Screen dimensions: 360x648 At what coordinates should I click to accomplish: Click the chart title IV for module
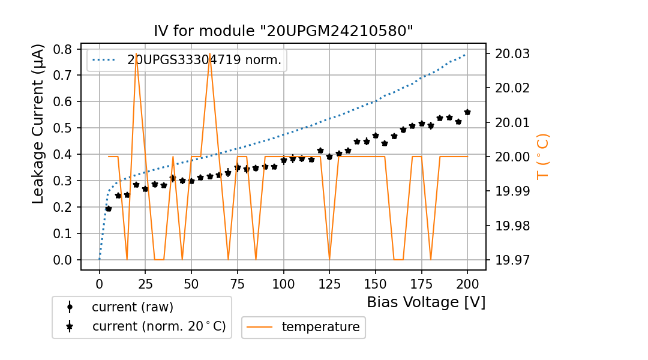click(x=284, y=31)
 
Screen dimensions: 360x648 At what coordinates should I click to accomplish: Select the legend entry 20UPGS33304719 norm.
click(x=204, y=60)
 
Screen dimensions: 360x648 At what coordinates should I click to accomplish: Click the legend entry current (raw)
click(x=132, y=307)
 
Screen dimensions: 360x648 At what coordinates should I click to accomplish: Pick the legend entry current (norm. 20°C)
click(x=158, y=326)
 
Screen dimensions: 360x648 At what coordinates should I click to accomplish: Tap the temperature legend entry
click(x=320, y=327)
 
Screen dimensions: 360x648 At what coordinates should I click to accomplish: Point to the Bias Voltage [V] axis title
click(x=426, y=302)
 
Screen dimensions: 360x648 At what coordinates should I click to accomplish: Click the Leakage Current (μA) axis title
click(x=38, y=124)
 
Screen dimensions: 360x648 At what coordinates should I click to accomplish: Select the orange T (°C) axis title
click(x=542, y=156)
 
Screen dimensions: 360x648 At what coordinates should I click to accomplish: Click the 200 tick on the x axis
click(x=467, y=283)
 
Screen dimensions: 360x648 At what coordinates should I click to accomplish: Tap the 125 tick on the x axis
click(x=329, y=283)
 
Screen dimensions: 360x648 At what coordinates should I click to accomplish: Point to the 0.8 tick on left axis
click(x=63, y=49)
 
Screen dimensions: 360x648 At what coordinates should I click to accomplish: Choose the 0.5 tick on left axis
click(x=63, y=128)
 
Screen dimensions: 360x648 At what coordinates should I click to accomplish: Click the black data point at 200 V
click(x=467, y=112)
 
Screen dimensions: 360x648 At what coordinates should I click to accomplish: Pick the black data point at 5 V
click(x=109, y=209)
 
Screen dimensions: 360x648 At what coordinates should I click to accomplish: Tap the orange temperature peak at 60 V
click(x=210, y=55)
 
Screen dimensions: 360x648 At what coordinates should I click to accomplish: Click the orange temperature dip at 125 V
click(x=329, y=259)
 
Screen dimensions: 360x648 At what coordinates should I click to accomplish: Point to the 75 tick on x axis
click(x=238, y=283)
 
